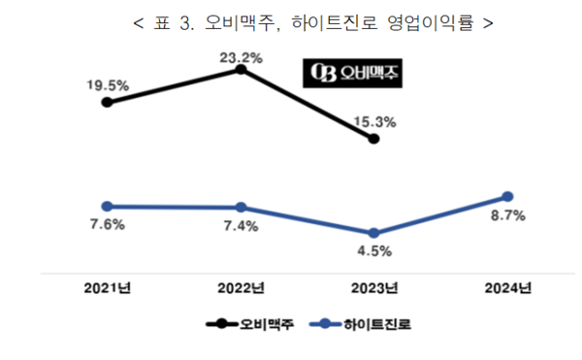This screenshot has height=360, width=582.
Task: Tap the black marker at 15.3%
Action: click(x=374, y=140)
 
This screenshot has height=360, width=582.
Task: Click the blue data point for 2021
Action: click(x=108, y=206)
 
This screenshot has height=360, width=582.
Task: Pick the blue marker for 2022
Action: click(x=241, y=208)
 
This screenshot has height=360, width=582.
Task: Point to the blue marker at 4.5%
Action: click(x=374, y=233)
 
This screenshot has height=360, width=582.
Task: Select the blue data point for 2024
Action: click(x=507, y=197)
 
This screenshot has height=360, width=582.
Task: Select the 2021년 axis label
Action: click(x=107, y=287)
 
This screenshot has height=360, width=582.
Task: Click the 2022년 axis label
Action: click(x=240, y=287)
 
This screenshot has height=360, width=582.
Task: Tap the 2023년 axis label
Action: click(x=373, y=287)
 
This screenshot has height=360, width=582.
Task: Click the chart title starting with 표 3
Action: click(x=291, y=21)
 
